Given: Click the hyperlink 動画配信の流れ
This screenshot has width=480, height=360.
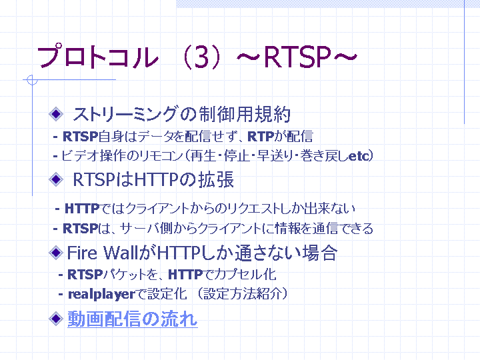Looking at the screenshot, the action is pos(133,319).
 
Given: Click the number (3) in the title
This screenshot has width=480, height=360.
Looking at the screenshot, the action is pos(201,57).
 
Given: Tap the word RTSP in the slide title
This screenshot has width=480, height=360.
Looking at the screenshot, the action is pos(297,57).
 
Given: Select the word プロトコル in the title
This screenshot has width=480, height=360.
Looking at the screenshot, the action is pos(98,57).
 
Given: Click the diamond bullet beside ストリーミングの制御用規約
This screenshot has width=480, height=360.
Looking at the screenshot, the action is pos(56,114).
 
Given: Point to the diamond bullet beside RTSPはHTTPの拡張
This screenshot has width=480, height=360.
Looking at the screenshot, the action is pos(56,179).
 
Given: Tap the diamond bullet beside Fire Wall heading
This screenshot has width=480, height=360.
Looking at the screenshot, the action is pos(56,253).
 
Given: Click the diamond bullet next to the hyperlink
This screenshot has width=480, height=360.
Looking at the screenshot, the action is pos(56,319).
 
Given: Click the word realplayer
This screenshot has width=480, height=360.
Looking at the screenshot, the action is pos(101,295).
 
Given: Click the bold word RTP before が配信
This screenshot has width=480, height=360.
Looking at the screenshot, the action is pos(261,137).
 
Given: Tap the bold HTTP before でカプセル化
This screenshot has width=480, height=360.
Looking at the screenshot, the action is pos(185,275).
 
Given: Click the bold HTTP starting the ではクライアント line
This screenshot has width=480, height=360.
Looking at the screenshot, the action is pos(82,209).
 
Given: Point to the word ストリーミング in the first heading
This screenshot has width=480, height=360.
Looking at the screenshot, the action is pos(125,114).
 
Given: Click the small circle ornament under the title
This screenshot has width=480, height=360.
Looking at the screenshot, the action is pos(32,80).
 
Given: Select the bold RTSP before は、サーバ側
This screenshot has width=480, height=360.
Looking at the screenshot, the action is pos(80,229).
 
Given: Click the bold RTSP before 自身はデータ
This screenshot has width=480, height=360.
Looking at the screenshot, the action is pos(80,137).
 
